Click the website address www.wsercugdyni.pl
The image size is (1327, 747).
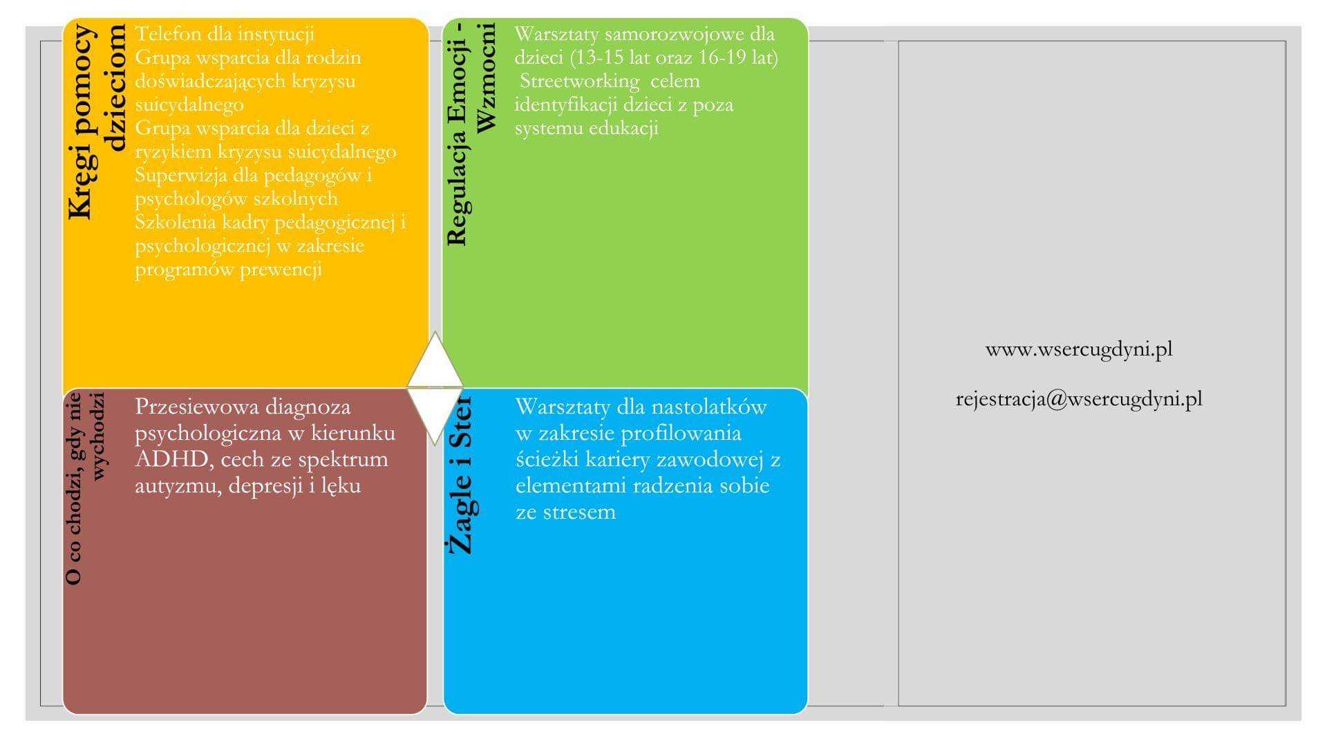1079,349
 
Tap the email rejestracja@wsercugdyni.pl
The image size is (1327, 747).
1079,399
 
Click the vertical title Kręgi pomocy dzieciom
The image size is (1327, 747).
97,122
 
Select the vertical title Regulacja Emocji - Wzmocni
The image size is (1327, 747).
471,134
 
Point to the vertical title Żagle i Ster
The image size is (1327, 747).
460,475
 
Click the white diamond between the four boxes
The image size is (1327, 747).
435,388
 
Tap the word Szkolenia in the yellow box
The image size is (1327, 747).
176,223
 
